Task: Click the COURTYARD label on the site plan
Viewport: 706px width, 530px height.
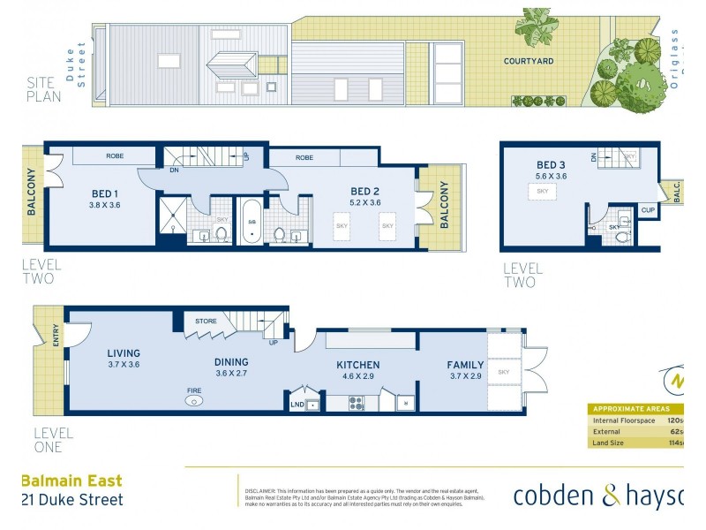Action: click(529, 61)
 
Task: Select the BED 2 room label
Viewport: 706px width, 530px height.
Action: click(364, 191)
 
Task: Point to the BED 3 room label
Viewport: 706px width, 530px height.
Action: click(551, 164)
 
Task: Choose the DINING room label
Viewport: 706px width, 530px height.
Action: click(231, 361)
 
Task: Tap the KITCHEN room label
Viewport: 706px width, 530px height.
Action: click(357, 364)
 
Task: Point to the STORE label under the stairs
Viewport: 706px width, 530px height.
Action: click(206, 321)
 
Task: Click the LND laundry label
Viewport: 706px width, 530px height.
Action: click(297, 405)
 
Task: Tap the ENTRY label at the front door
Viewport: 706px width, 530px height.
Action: click(57, 336)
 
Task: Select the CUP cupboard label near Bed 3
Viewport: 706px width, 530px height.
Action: click(649, 210)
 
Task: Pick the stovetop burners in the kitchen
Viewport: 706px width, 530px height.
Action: click(357, 404)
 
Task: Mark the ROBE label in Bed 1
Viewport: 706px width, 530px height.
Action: click(115, 156)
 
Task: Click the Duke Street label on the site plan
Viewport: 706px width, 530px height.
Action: click(82, 64)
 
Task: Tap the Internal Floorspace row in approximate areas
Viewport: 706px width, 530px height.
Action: click(635, 420)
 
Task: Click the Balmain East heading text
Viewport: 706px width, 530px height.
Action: click(71, 481)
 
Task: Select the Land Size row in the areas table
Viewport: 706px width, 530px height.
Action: click(635, 443)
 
